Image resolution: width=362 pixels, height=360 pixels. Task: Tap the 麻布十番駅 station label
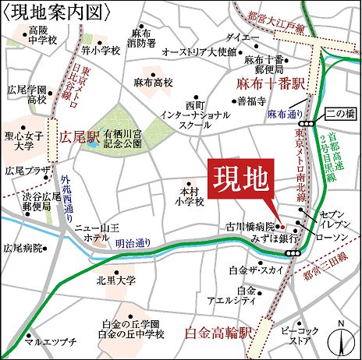click(270, 83)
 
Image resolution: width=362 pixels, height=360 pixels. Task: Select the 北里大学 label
click(110, 280)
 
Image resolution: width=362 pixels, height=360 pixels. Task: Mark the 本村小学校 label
click(191, 196)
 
